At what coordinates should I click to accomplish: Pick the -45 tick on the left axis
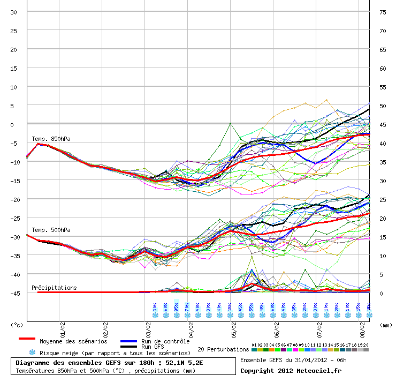[14, 293]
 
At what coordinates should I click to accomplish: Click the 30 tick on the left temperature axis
[14, 12]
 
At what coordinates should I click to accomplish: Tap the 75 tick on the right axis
[382, 12]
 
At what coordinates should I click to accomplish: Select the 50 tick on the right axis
[382, 106]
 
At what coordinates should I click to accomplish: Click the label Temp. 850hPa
[51, 139]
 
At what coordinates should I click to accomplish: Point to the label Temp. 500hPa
[51, 230]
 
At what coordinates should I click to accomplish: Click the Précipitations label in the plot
[54, 288]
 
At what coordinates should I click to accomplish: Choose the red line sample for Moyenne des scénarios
[27, 339]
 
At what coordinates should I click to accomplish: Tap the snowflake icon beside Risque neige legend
[32, 352]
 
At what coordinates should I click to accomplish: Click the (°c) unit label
[18, 325]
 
